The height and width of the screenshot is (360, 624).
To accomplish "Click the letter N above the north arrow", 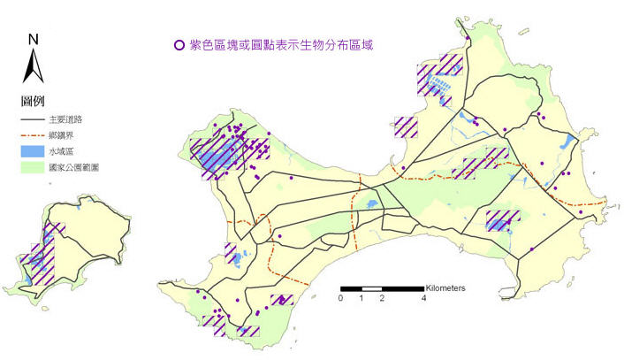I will (x=32, y=38).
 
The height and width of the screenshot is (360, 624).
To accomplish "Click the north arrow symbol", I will (x=32, y=65).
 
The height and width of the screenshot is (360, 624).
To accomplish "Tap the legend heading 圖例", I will (x=33, y=100).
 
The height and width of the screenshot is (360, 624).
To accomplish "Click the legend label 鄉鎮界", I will (x=62, y=134).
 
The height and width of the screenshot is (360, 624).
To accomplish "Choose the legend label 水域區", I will (x=62, y=151).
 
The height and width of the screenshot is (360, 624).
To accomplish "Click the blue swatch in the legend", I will (x=33, y=151).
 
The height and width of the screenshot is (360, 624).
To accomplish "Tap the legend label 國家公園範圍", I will (x=74, y=166).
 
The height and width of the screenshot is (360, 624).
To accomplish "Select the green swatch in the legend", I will (x=33, y=166).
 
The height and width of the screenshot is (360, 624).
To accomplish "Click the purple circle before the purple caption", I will (x=180, y=44).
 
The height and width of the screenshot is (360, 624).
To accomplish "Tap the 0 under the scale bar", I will (x=341, y=298).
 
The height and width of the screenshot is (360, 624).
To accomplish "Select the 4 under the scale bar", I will (x=423, y=298).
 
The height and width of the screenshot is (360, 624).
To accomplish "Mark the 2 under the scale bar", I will (x=382, y=298).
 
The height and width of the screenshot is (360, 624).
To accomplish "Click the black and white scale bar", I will (x=382, y=289).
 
